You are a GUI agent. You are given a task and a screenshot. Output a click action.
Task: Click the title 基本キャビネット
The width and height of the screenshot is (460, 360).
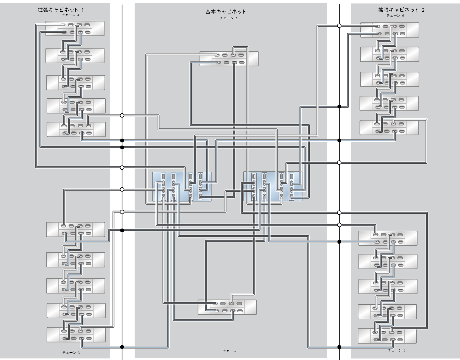coord(226,12)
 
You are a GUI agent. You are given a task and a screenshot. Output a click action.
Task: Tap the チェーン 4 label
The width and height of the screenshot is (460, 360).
coord(70,15)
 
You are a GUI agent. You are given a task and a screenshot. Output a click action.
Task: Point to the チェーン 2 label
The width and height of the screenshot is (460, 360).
coord(228,18)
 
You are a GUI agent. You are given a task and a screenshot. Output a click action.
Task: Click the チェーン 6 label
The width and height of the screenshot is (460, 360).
coord(395,15)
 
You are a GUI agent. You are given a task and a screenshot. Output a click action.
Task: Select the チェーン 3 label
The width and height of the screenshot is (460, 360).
coord(71,353)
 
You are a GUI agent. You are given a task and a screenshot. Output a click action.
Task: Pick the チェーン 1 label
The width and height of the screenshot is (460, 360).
coord(231,351)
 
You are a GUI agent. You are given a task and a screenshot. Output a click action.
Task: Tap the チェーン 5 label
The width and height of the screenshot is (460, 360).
coord(396,350)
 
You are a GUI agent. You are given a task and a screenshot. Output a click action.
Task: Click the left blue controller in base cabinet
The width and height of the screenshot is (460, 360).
coord(182,187)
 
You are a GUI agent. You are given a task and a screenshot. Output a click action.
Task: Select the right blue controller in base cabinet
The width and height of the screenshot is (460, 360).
coord(273,187)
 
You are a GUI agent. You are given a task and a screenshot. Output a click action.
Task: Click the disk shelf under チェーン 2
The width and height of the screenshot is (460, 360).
coord(229,58)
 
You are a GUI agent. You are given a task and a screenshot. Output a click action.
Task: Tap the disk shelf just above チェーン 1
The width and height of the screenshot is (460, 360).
coord(227,307)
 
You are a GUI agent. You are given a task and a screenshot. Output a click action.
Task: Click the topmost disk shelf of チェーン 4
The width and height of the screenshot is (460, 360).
coord(75,28)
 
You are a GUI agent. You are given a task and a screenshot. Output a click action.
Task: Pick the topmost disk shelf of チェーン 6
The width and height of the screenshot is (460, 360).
coord(390,30)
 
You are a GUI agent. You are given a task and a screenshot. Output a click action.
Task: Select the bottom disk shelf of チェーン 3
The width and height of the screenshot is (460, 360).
coord(76,335)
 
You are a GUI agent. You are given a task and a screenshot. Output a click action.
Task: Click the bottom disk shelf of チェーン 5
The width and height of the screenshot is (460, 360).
coord(387,336)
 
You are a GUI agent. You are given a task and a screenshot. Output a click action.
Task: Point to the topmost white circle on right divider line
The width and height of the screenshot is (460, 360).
coord(339,26)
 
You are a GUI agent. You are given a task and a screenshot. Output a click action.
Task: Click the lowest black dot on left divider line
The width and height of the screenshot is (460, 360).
coord(122,347)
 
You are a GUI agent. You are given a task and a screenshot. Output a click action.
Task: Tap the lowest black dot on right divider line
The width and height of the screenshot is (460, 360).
coord(339,347)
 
